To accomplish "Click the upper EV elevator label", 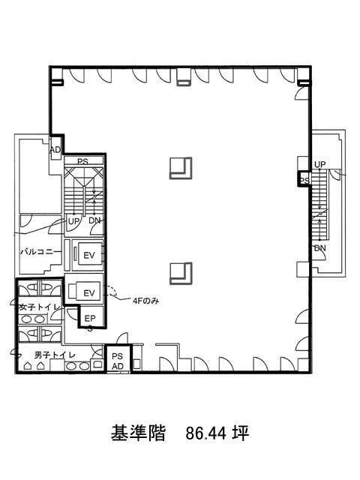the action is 89,255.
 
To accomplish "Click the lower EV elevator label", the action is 89,293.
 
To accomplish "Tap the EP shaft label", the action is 90,318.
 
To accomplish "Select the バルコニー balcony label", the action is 41,252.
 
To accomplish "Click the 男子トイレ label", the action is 55,355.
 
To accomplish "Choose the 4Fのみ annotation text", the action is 146,301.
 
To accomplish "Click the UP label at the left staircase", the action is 73,221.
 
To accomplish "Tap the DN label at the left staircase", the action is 94,220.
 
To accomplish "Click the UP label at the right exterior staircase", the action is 320,164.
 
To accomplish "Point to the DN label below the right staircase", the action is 320,248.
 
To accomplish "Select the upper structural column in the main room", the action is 181,168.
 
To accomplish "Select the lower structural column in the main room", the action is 181,273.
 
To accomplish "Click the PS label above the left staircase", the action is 82,161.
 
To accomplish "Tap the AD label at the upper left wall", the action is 55,150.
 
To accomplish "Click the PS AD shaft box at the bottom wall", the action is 118,358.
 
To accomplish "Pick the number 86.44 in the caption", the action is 206,433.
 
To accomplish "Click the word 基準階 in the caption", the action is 138,433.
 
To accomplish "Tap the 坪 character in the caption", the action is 241,433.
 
